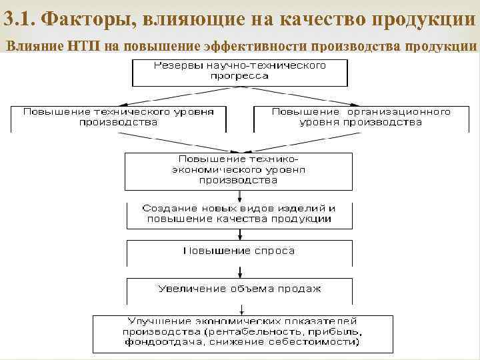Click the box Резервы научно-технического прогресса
click(x=239, y=71)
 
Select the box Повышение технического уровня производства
click(x=118, y=117)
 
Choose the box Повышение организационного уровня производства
click(x=361, y=117)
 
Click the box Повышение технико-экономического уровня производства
click(x=239, y=171)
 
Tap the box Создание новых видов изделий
click(x=239, y=214)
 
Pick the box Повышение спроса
click(x=239, y=251)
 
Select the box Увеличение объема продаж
click(x=239, y=289)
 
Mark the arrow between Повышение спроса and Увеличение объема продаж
click(x=239, y=271)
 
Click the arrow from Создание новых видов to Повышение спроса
click(x=239, y=234)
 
